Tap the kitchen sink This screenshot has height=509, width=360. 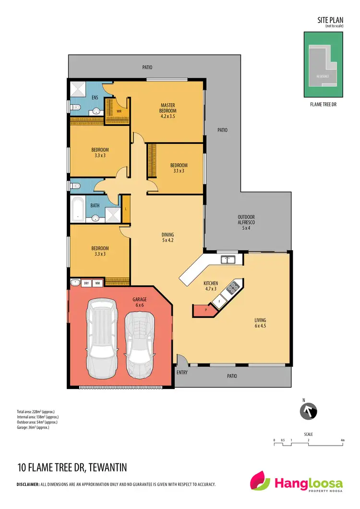[227, 260]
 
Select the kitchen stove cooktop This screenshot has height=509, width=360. [232, 287]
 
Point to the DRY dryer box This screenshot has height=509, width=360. [86, 283]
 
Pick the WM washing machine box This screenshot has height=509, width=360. [97, 283]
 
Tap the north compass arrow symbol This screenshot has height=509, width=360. [309, 412]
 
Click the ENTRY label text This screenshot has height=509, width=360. [182, 372]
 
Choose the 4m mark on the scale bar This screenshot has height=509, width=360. [342, 440]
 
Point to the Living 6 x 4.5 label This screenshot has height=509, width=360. [261, 323]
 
